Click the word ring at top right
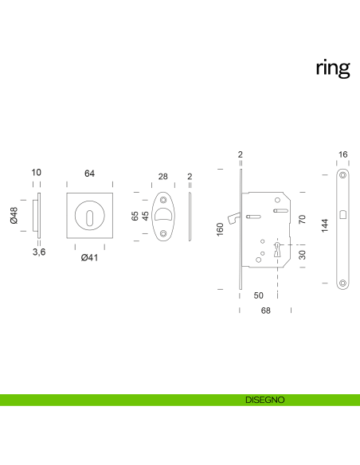(x=332, y=68)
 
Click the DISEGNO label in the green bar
(x=265, y=400)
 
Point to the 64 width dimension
(x=89, y=173)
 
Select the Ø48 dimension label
(x=14, y=215)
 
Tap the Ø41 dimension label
(x=89, y=256)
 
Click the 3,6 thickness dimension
(x=37, y=252)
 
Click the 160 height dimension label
(x=221, y=229)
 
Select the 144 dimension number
(x=323, y=226)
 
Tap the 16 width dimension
(x=342, y=154)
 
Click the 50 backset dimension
(x=258, y=295)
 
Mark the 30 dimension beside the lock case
(x=302, y=255)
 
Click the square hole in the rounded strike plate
(x=342, y=213)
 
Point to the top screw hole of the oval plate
(x=163, y=197)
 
